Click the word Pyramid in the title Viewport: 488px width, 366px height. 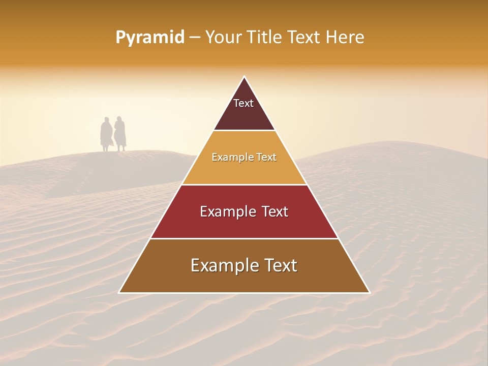(x=149, y=38)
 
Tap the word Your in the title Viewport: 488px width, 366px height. (x=222, y=38)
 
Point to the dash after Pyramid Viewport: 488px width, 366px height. (x=194, y=38)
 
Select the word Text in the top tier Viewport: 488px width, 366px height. (x=243, y=103)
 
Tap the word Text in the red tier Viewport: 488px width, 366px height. (x=274, y=211)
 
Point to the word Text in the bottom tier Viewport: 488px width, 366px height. (x=279, y=265)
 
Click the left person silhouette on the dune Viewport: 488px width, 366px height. (x=106, y=134)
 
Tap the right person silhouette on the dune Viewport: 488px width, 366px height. (x=120, y=134)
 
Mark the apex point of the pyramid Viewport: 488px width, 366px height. (x=245, y=77)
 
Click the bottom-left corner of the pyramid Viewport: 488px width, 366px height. (x=119, y=293)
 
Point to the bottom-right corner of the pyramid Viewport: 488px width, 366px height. (x=370, y=293)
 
